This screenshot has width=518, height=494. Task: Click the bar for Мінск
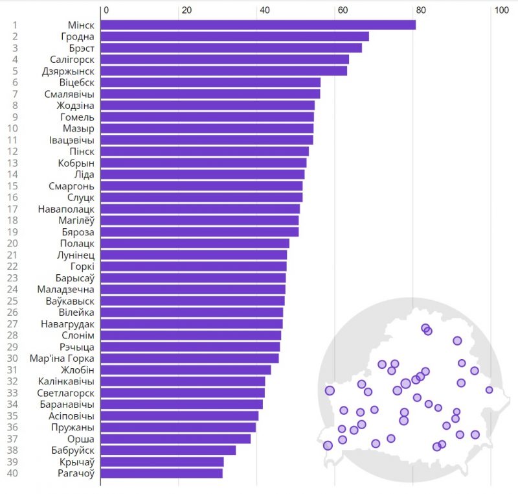pos(258,25)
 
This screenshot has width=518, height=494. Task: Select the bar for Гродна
pos(234,36)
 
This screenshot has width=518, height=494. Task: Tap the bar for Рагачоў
pos(161,473)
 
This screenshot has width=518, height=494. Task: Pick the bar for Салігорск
pos(225,59)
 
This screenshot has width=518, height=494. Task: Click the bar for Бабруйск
pos(168,450)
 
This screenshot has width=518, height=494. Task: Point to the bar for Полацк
pos(195,243)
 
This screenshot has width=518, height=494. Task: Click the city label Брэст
pos(82,48)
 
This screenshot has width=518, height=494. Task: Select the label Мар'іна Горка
pos(62,358)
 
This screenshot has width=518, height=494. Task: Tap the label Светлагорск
pos(66,393)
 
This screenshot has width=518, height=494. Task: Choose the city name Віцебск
pos(76,82)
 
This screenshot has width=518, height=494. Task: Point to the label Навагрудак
pos(67,323)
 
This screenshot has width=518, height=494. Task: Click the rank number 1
pos(15,25)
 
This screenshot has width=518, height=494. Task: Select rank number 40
pos(12,473)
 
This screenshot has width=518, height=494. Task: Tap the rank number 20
pos(12,243)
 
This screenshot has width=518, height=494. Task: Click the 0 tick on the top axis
pos(106,10)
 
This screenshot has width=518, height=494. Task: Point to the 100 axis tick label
pos(501,10)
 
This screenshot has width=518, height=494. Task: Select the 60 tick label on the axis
pos(343,10)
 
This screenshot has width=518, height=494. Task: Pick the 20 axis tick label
pos(186,10)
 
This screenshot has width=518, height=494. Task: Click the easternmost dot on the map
pos(489,390)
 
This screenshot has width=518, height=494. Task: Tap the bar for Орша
pos(175,439)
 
